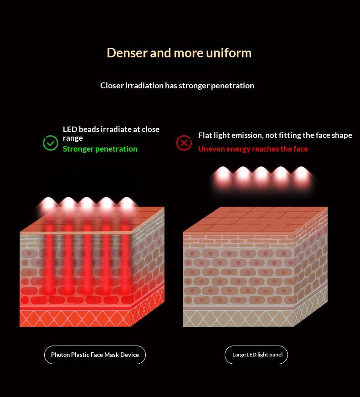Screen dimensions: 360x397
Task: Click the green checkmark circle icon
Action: point(51,143)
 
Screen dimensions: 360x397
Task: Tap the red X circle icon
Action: point(184,143)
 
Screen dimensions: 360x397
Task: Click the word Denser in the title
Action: point(127,53)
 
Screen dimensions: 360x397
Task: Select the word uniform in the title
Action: point(229,53)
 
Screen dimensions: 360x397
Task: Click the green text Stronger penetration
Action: point(100,149)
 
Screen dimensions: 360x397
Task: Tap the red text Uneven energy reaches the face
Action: point(253,149)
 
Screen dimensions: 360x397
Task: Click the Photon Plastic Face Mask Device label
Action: point(95,355)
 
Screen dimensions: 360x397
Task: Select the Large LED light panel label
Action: point(256,355)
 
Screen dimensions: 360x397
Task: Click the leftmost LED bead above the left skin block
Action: point(48,203)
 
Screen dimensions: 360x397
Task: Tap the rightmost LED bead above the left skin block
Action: point(126,203)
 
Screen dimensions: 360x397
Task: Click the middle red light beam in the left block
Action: point(87,258)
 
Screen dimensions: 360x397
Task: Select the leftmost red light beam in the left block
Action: point(49,258)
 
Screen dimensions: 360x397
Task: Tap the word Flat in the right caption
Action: point(205,135)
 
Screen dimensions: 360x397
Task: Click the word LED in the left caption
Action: point(70,129)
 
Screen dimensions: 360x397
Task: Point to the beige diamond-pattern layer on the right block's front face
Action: point(238,319)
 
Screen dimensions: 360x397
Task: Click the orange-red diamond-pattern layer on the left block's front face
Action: point(75,319)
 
